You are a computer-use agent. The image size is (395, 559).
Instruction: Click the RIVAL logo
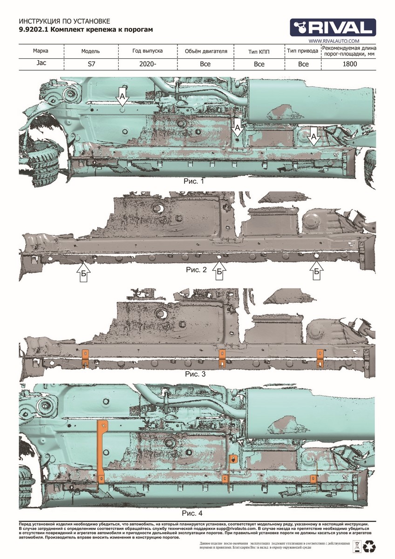click(x=333, y=27)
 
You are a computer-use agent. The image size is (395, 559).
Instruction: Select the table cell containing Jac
click(x=40, y=64)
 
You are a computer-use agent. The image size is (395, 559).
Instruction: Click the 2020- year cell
click(x=147, y=64)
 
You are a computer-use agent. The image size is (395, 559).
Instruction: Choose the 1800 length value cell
click(x=349, y=64)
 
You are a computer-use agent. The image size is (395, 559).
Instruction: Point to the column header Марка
click(x=40, y=51)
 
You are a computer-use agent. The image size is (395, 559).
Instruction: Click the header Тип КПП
click(x=259, y=51)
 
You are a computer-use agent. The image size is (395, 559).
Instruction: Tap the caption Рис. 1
click(x=194, y=181)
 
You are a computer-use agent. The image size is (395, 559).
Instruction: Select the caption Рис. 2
click(x=196, y=270)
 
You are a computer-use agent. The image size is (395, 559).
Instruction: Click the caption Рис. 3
click(x=196, y=374)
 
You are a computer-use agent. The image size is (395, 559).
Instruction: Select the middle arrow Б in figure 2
click(x=219, y=271)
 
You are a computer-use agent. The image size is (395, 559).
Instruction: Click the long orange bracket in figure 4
click(x=101, y=454)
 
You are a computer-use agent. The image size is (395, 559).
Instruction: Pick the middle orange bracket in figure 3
click(x=222, y=358)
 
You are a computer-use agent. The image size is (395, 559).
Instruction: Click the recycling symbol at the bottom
click(x=371, y=545)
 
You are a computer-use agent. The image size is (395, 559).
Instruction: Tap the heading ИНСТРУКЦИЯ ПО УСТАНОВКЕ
click(x=64, y=22)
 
